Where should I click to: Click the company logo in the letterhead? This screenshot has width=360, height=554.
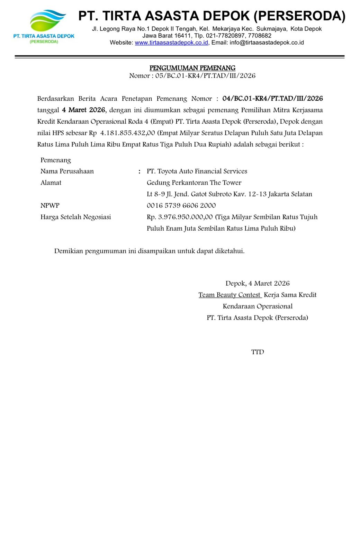[44, 26]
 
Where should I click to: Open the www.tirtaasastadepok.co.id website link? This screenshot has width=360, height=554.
[171, 43]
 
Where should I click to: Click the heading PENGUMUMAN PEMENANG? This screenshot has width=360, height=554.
[192, 68]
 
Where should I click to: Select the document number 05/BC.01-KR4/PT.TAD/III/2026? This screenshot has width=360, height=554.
[205, 76]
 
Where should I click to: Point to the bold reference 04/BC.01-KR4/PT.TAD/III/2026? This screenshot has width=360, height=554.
[272, 99]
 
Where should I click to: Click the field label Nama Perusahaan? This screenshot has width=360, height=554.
[67, 171]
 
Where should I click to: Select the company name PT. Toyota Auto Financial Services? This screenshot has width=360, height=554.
[197, 171]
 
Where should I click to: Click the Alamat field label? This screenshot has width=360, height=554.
[51, 183]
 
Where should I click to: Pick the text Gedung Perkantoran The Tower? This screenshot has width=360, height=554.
[194, 183]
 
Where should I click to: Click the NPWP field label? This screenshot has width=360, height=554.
[50, 206]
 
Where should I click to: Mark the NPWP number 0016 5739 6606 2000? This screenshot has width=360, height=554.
[181, 206]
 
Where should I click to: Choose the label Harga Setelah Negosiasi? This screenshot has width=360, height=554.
[75, 217]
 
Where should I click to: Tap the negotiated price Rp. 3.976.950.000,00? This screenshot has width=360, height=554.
[180, 217]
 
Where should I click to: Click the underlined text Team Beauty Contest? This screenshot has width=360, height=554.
[229, 295]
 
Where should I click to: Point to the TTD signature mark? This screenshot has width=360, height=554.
[258, 352]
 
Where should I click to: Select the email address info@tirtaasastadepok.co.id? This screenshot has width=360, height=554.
[267, 43]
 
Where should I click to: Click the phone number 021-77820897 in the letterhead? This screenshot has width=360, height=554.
[225, 36]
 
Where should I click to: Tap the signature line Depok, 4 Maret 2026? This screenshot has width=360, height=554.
[258, 284]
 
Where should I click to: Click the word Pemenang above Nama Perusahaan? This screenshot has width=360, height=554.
[56, 160]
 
